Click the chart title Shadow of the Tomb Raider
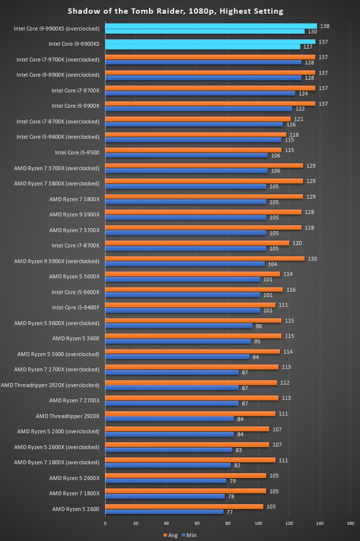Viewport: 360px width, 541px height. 175,11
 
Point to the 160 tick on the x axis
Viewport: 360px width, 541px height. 350,523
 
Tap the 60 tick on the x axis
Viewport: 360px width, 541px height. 197,523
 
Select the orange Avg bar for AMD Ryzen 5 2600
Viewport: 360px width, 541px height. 184,506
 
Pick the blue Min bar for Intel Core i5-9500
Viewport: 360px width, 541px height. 186,155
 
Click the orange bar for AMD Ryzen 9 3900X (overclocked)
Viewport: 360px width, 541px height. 205,258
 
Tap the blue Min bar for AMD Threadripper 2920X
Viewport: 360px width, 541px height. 169,419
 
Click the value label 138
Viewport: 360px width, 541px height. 325,26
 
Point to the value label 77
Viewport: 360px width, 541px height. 229,512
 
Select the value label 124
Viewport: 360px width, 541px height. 303,93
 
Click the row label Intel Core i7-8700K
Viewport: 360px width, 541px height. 75,246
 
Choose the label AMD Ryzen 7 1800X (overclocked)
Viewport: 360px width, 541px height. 57,462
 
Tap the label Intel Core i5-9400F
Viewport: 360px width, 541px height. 75,308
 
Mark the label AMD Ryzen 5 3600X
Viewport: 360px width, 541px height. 74,277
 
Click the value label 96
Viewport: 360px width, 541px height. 259,326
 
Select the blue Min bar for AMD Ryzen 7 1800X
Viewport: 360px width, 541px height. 165,496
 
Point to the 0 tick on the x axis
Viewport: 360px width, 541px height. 105,523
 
